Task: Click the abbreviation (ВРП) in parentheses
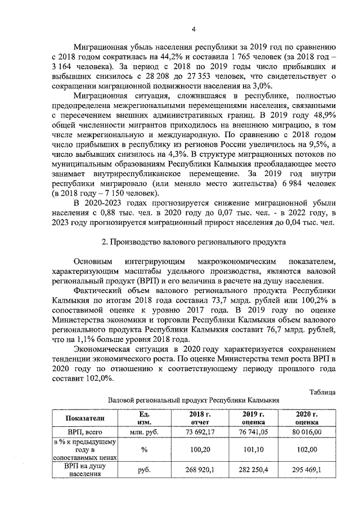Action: [x=151, y=280]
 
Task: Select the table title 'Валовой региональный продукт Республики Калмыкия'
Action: [x=193, y=400]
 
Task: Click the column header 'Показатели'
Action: [x=85, y=418]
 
